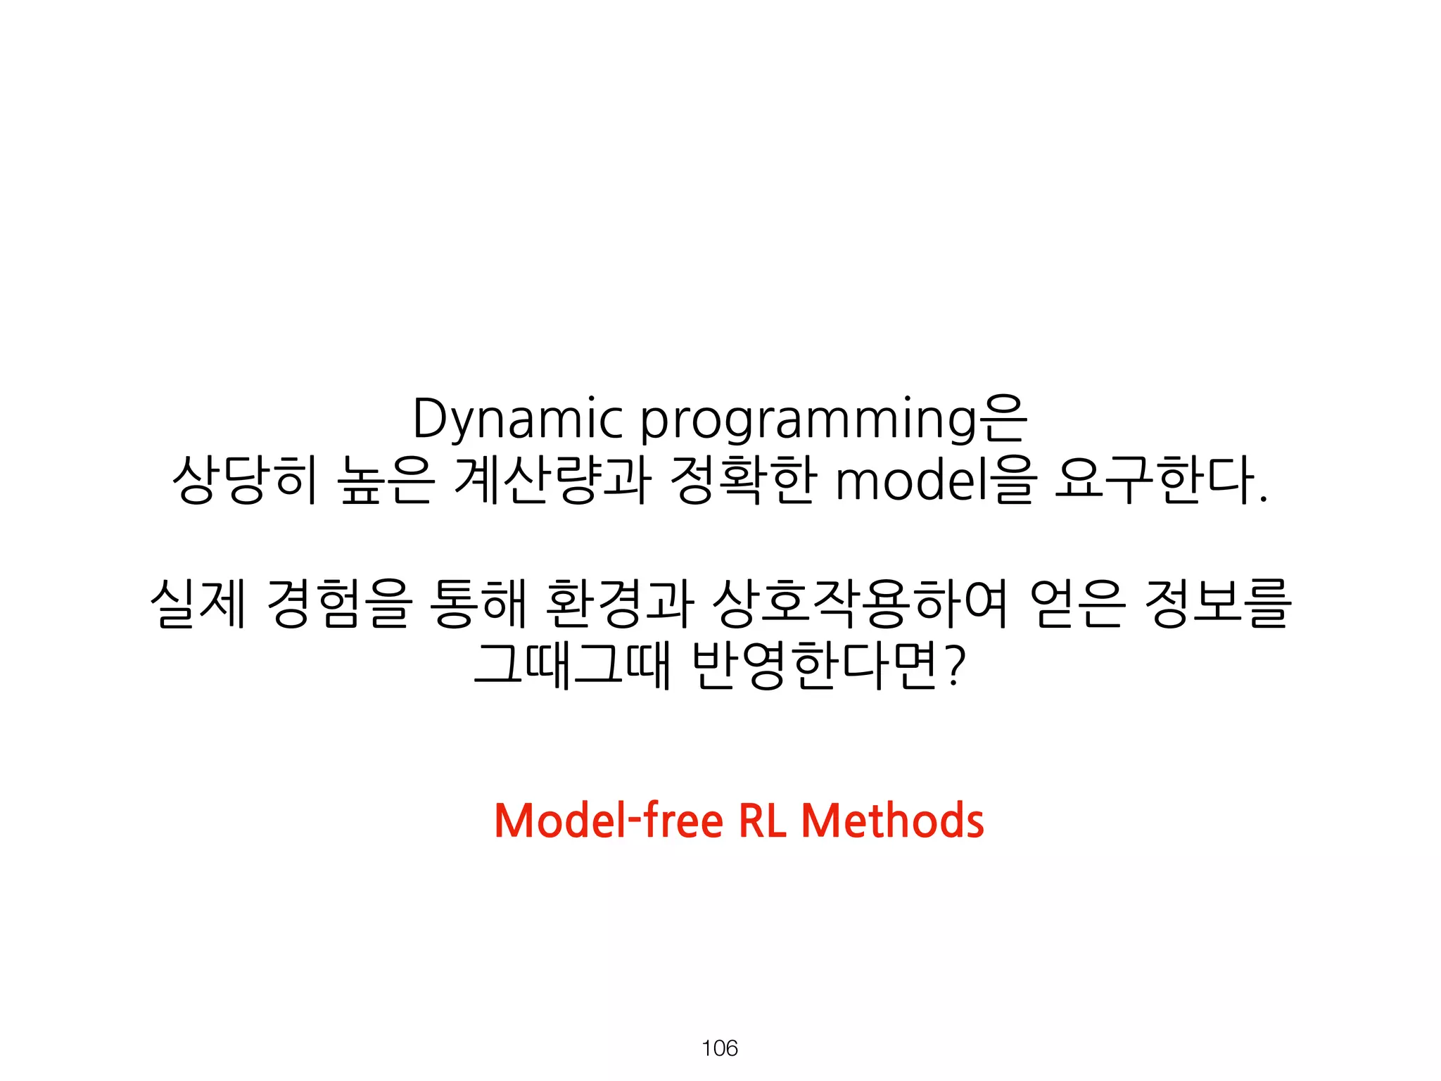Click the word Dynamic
click(517, 420)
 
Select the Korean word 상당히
click(245, 481)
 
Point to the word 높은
click(386, 481)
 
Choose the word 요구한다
click(1161, 481)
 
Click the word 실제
click(198, 603)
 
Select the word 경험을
click(338, 603)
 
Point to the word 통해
click(478, 603)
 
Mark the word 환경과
click(620, 603)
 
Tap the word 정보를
click(1218, 603)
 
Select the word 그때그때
click(572, 664)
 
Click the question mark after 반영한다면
click(953, 666)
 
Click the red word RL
click(763, 821)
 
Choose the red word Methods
click(893, 821)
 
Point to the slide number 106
click(720, 1049)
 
